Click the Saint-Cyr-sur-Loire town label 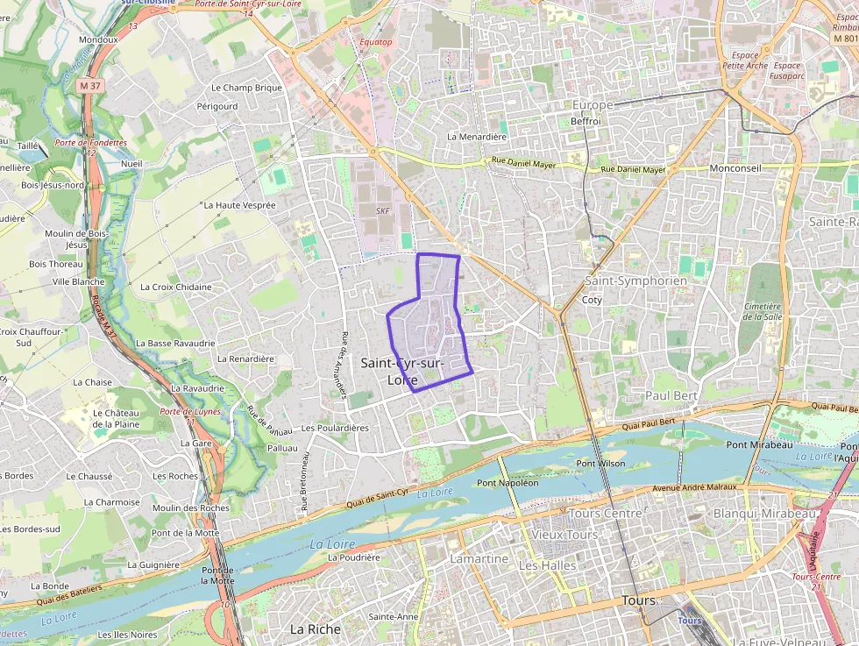point(402,372)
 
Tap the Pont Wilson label point(600,463)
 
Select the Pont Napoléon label point(508,483)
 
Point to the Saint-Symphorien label point(635,281)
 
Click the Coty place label point(592,300)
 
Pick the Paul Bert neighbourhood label point(671,396)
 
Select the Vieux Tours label point(564,535)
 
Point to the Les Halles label point(548,566)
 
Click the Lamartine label point(479,558)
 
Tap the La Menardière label point(477,137)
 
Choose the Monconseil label point(735,167)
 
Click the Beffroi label point(586,121)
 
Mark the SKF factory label point(383,211)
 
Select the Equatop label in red point(376,41)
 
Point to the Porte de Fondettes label point(90,142)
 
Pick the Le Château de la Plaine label point(117,418)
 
